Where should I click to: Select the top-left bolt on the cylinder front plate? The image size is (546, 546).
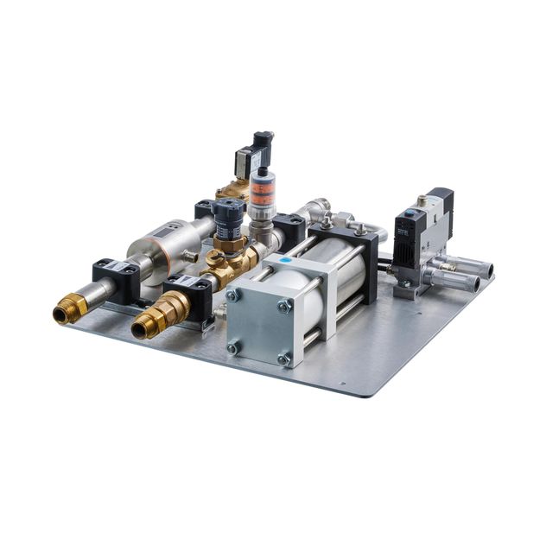[x=232, y=295]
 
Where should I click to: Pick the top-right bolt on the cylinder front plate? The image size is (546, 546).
[x=284, y=307]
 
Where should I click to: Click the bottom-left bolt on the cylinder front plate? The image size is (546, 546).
[x=232, y=347]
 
